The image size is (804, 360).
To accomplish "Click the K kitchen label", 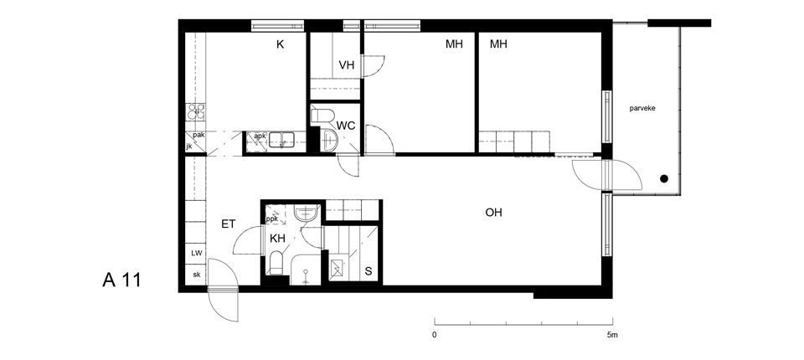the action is click(280, 44).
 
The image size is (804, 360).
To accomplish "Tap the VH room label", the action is click(347, 65).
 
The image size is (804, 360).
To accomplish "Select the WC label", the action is click(346, 126).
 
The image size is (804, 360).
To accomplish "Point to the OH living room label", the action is click(494, 213).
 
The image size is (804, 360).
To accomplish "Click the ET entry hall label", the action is click(228, 224).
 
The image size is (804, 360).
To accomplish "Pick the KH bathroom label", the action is click(277, 239).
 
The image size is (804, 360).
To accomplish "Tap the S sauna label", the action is click(368, 271).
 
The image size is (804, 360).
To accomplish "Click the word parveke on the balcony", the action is click(642, 108).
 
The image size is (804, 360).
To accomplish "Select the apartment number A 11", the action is click(121, 280).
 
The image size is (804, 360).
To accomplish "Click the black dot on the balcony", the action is click(664, 179).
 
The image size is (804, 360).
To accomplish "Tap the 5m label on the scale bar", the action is click(612, 335).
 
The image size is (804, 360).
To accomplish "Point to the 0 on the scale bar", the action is click(435, 335).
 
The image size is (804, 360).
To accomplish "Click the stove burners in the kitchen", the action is click(195, 112).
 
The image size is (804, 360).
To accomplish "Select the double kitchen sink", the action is click(281, 140).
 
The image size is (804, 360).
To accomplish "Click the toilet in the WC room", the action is click(322, 116).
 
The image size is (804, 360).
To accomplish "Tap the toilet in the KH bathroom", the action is click(276, 263).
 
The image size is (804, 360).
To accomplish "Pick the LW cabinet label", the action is click(196, 254).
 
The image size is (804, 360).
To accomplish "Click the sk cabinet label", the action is click(196, 275).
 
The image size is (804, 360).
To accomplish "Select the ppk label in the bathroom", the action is click(271, 219).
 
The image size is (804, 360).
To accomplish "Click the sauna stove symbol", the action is click(337, 268).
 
